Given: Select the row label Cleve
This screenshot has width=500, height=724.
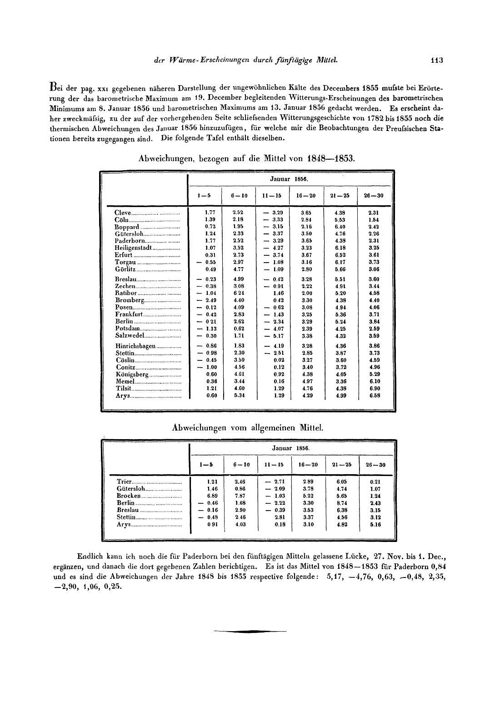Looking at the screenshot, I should (123, 213).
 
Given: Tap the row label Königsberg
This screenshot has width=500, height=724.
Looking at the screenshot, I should (132, 375).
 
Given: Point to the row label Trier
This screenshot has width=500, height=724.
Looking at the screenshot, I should (124, 481).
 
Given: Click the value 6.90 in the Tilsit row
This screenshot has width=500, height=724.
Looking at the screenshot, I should (375, 389).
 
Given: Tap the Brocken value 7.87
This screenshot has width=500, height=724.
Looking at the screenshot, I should (240, 496).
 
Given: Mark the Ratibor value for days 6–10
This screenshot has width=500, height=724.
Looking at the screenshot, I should (239, 294).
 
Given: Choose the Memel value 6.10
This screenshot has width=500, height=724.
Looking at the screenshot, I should (375, 381).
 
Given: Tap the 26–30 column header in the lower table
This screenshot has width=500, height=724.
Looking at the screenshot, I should (375, 465).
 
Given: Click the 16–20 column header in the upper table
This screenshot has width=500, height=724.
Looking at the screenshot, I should (305, 196).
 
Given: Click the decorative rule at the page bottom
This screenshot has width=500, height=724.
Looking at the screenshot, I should (250, 631).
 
